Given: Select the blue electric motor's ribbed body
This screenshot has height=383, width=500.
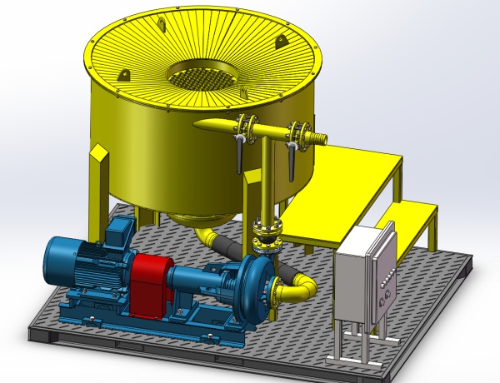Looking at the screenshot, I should coord(79,266).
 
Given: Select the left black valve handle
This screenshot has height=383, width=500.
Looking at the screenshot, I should coord(239,154).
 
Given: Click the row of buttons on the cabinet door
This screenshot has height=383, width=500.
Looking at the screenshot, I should coord(386,287).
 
